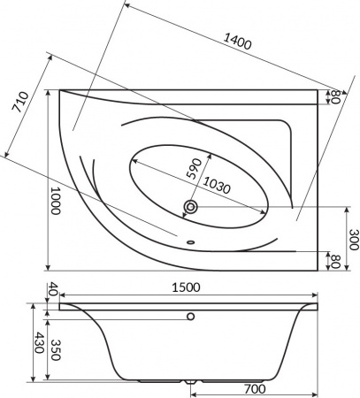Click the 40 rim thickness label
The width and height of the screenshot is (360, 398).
coord(52,288)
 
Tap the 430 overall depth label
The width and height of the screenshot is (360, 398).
coord(40,342)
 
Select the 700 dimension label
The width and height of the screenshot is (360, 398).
coord(257,388)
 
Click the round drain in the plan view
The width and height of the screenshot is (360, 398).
coord(190,208)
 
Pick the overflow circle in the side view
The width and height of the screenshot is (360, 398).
coord(190,315)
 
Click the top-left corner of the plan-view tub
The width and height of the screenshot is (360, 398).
coord(60,89)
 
